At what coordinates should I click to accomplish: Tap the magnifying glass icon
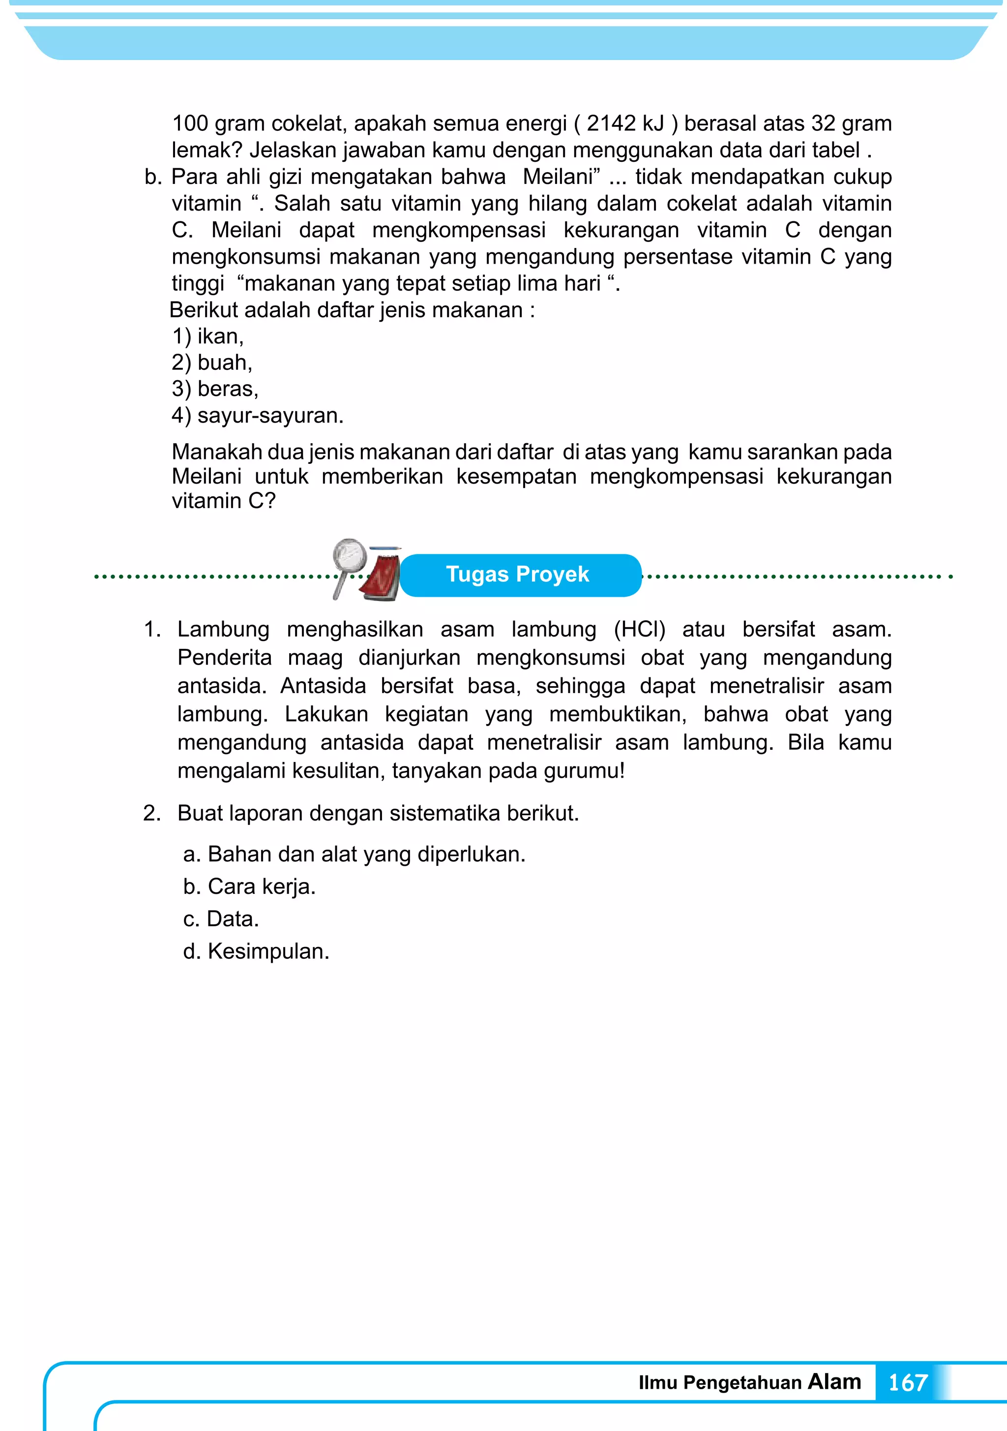349,559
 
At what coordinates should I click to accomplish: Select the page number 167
907,1382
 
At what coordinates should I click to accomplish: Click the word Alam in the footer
834,1381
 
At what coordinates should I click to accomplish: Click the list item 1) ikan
207,336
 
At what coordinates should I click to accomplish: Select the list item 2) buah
212,362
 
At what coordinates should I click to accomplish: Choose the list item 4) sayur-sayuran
257,415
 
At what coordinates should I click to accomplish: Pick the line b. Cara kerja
249,886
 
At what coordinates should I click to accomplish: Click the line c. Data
221,919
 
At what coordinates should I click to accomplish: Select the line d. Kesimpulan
256,951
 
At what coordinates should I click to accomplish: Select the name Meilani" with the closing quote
562,177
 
